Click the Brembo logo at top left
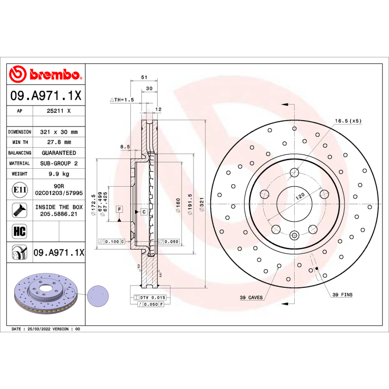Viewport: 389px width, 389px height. [x=45, y=74]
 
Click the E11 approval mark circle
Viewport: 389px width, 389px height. [x=19, y=189]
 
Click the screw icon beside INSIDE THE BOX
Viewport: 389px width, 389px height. [x=19, y=210]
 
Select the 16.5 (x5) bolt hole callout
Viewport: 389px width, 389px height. [x=348, y=121]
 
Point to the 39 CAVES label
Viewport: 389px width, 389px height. [x=251, y=297]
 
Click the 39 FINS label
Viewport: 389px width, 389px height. [x=342, y=295]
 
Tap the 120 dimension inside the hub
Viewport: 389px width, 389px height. [x=300, y=196]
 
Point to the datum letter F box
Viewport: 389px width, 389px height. [x=118, y=209]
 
